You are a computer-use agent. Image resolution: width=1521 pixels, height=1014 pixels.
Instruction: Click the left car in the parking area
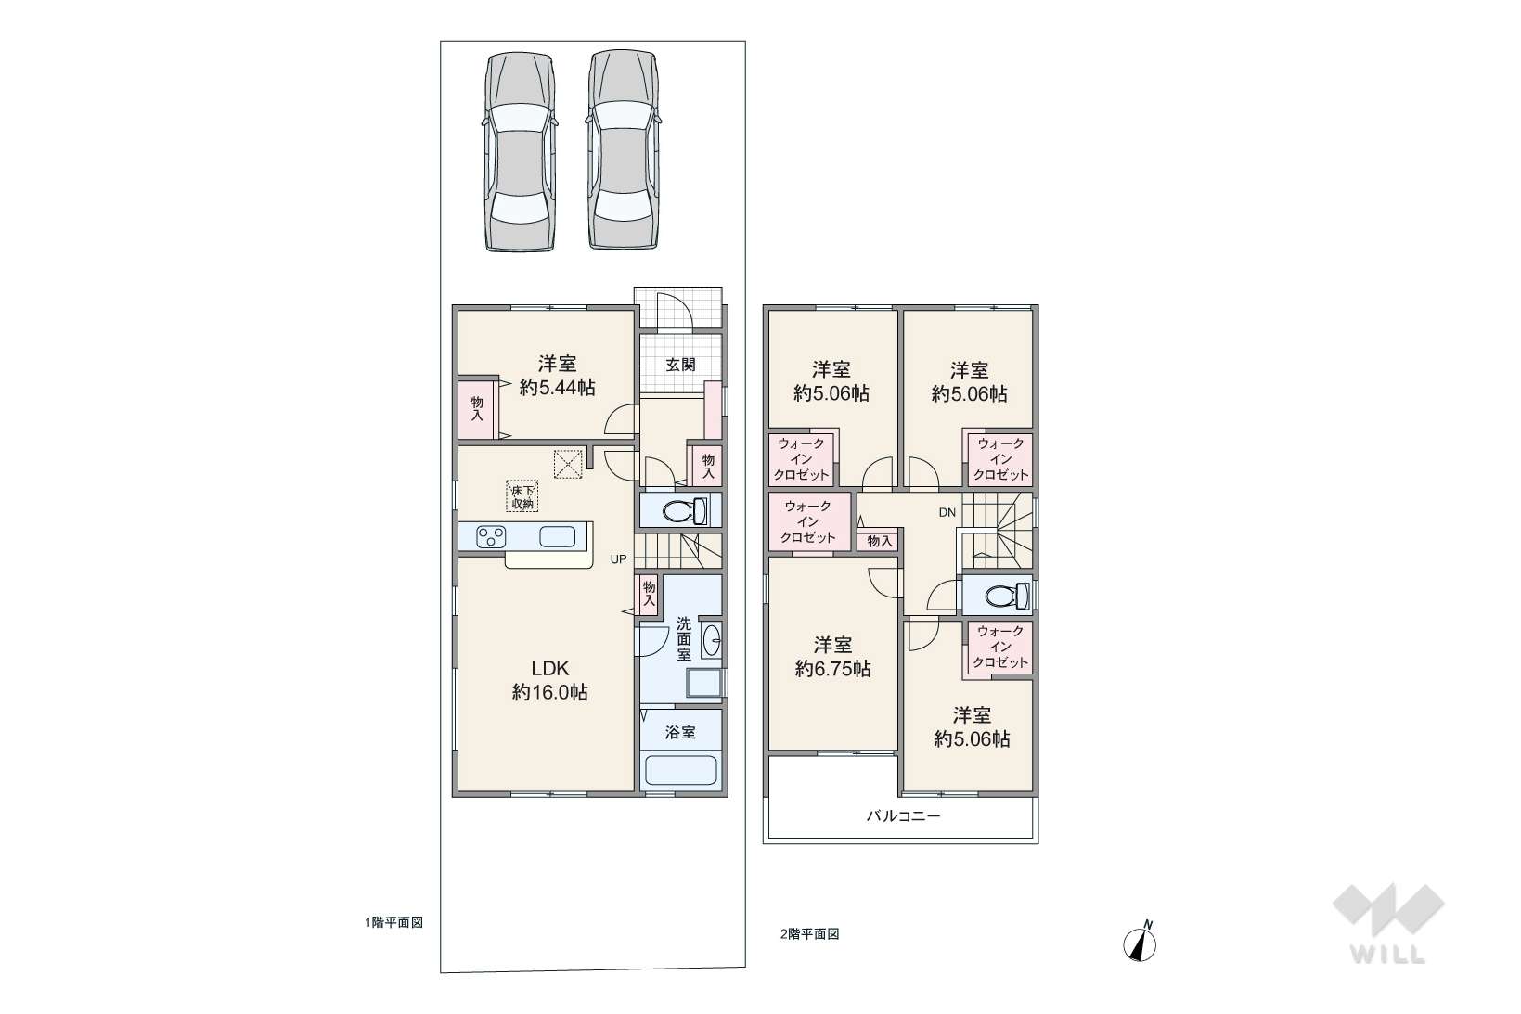click(x=520, y=152)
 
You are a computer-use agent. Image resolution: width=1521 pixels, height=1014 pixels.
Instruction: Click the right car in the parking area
click(x=623, y=149)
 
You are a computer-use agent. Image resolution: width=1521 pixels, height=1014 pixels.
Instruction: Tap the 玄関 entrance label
click(x=679, y=366)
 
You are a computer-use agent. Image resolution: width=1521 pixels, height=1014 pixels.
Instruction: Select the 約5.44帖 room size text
click(x=558, y=388)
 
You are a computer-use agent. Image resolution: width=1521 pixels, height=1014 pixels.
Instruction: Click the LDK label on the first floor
click(x=549, y=669)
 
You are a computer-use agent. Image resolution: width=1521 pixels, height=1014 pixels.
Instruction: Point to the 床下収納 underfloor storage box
click(x=522, y=496)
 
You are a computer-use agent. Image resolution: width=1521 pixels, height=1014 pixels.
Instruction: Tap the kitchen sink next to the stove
click(x=558, y=537)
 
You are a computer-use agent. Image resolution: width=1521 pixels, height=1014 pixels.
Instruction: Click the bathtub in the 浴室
click(x=680, y=770)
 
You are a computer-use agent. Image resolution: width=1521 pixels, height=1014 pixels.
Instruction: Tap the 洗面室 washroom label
click(x=684, y=638)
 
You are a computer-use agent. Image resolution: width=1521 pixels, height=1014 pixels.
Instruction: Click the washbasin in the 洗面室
click(x=711, y=639)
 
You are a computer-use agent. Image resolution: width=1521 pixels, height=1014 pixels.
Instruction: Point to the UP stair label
click(x=618, y=560)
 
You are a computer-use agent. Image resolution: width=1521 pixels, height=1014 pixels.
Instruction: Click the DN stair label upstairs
click(x=947, y=513)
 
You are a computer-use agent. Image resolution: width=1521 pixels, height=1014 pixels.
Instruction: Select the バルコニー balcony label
click(x=903, y=815)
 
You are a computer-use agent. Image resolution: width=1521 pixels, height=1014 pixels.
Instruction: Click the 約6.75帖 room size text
click(x=832, y=669)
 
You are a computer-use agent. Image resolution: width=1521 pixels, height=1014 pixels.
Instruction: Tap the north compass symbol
click(x=1141, y=942)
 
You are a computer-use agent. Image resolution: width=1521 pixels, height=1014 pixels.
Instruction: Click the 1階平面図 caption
click(x=393, y=922)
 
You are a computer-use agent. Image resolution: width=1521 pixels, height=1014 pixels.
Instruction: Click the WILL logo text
click(x=1388, y=955)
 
